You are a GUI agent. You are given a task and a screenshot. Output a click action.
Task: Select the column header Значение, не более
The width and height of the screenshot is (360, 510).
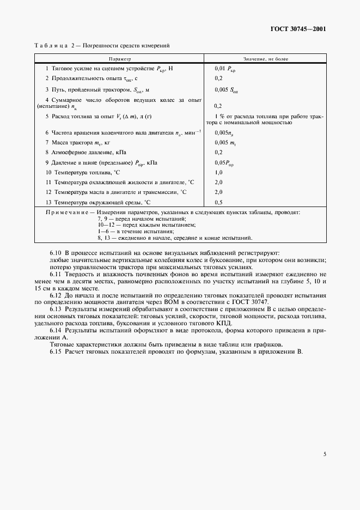pos(266,58)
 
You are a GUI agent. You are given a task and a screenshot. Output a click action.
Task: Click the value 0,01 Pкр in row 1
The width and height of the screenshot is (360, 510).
pos(225,69)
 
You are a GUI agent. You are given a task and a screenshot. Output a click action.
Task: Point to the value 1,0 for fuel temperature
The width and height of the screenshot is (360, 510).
pos(219,172)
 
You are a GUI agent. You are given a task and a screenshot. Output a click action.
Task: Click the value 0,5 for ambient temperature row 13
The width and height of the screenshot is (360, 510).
pos(219,202)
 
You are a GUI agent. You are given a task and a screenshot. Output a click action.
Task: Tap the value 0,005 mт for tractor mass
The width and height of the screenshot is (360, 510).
pos(224,142)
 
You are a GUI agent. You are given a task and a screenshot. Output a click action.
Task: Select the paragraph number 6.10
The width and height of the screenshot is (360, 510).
pos(56,253)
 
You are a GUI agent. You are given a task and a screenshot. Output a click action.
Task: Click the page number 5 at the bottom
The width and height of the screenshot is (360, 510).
pos(325,453)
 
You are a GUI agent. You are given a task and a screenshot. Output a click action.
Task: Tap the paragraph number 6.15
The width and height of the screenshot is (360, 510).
pos(56,351)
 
